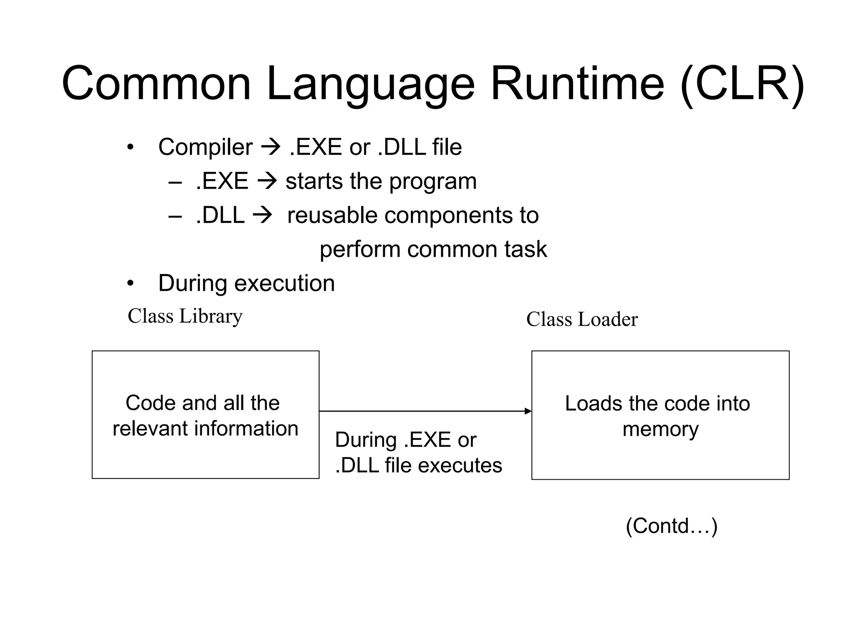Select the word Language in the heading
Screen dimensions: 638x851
(x=370, y=84)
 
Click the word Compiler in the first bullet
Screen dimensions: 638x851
(x=205, y=147)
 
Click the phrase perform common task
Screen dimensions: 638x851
(x=433, y=249)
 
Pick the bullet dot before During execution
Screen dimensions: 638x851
(x=130, y=284)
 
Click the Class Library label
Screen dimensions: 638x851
(x=185, y=316)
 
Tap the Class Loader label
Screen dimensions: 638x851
(x=582, y=319)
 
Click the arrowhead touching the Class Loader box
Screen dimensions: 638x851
(x=528, y=411)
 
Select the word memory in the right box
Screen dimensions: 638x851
(x=660, y=429)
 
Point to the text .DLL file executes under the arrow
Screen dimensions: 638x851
(x=418, y=465)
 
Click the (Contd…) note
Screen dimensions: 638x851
(x=671, y=526)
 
